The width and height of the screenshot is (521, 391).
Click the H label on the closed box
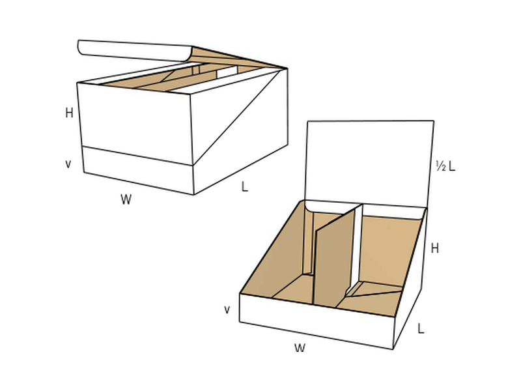point(69,113)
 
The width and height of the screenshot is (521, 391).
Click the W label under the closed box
point(126,199)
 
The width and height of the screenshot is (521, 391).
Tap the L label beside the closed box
point(245,186)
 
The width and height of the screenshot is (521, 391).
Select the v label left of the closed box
point(68,164)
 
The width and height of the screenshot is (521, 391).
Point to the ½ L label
point(445,166)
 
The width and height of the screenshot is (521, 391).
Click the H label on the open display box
point(434,248)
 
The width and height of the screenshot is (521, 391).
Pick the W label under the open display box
point(300,348)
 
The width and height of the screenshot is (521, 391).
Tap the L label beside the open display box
point(421,328)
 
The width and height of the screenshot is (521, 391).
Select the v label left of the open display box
point(227,310)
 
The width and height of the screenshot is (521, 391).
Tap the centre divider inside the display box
point(334,259)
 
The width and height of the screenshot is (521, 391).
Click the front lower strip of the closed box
point(138,169)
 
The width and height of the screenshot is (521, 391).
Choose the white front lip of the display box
point(317,321)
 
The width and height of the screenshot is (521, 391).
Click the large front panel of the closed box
point(135,123)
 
